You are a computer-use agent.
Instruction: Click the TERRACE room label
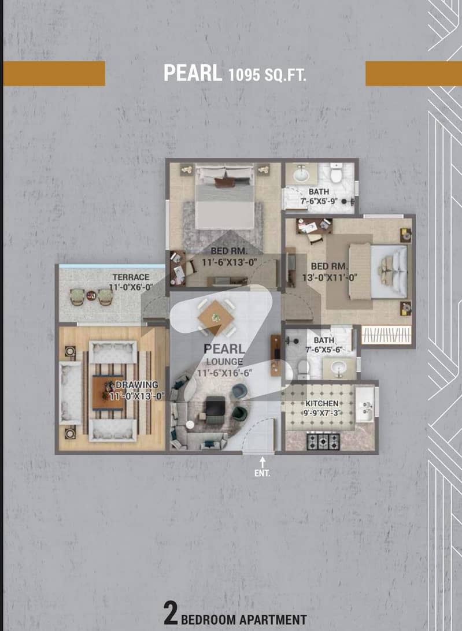131,277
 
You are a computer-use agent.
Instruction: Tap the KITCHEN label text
322,403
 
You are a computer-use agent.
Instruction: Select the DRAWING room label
137,385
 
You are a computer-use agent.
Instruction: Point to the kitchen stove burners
323,441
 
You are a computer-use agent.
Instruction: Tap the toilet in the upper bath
336,173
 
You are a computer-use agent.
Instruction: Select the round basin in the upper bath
300,175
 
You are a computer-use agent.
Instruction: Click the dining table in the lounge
216,317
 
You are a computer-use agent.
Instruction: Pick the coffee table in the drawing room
108,392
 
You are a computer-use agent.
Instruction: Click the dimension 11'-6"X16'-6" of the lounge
224,373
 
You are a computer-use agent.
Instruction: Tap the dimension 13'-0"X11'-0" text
330,277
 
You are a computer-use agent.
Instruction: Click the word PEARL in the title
193,73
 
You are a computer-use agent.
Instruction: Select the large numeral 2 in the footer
171,613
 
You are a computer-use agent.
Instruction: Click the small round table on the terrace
91,296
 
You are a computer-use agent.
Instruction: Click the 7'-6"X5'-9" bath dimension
319,201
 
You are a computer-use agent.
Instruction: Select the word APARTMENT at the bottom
273,619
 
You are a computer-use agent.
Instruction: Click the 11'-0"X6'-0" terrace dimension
131,287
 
